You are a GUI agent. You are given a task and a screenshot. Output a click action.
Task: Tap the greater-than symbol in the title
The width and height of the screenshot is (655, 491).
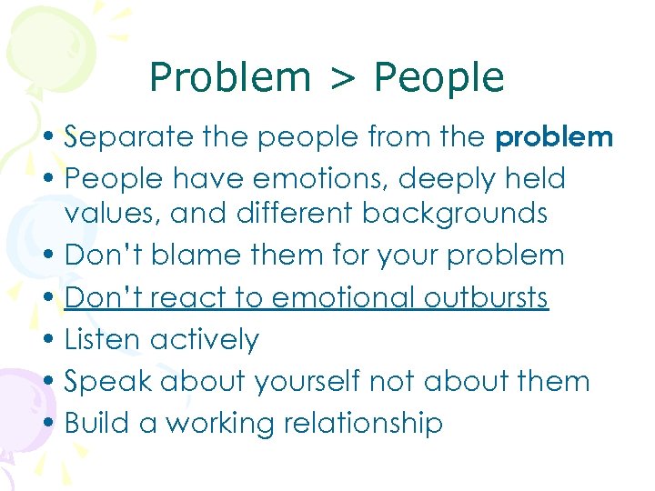tap(342, 79)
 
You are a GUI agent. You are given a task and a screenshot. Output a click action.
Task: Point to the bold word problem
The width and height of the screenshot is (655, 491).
tap(554, 138)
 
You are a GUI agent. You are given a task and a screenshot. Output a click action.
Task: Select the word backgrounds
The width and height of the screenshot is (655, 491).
tap(455, 215)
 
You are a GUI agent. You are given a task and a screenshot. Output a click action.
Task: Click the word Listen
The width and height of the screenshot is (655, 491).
tap(103, 339)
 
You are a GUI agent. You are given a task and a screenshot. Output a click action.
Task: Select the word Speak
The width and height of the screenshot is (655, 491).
tap(110, 381)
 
